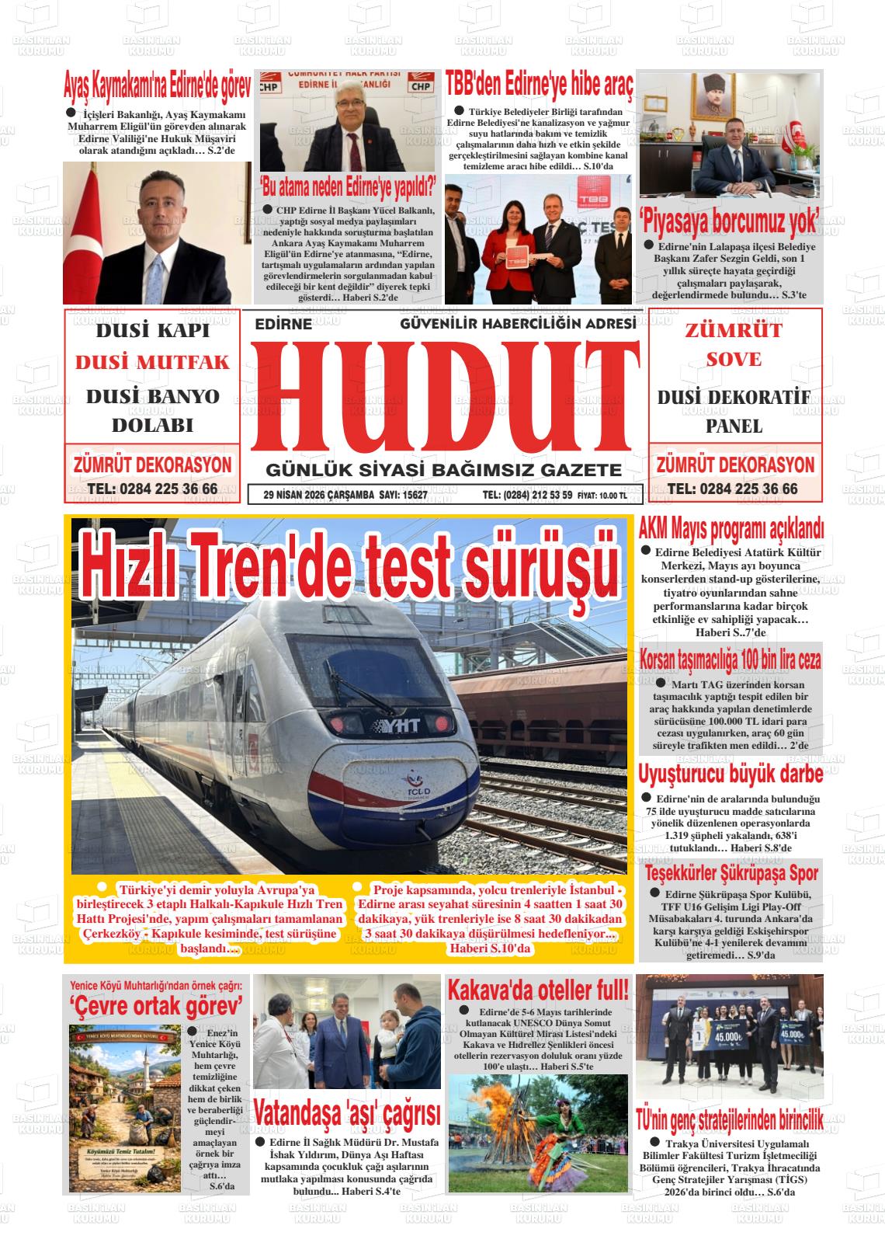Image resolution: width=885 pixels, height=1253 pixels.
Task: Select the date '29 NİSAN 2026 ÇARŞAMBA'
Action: pos(319,495)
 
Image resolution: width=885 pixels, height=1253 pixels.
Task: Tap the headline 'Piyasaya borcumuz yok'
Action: pos(729,221)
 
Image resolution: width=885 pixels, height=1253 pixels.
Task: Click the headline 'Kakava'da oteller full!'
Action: pos(538,990)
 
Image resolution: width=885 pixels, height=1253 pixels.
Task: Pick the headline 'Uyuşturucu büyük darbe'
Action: pos(730,774)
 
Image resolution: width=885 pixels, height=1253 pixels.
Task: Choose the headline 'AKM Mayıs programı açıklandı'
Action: pos(731,530)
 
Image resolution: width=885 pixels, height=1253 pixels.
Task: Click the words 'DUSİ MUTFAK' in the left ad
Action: pos(152,363)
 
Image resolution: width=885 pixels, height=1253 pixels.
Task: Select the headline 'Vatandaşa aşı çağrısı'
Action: pos(346,1112)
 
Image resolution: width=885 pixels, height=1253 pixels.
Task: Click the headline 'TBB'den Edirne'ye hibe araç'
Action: pos(540,82)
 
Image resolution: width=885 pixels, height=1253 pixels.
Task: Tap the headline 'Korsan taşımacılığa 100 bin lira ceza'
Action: pos(730,660)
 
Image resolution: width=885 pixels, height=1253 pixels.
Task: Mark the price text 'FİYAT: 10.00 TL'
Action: pos(602,496)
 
